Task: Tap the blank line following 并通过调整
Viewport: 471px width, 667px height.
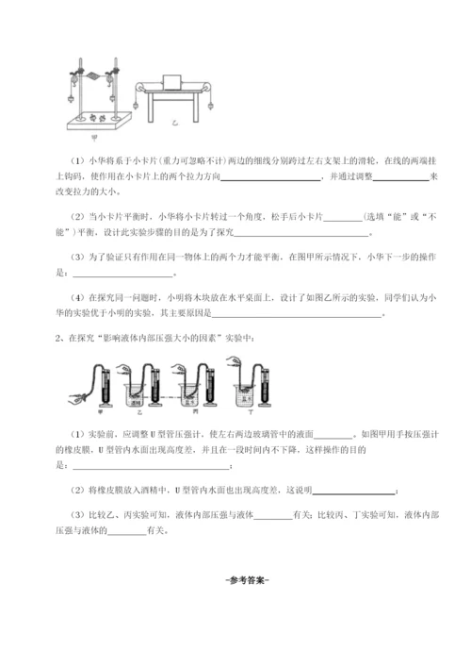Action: coord(399,176)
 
